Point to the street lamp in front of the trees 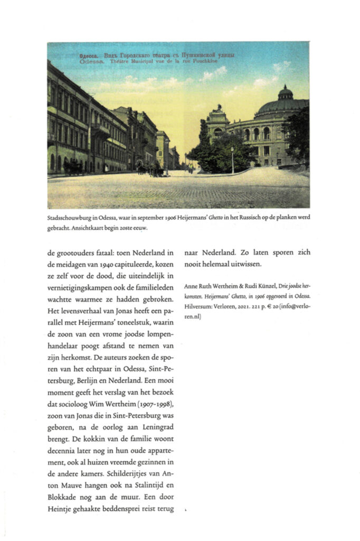click(232, 160)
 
